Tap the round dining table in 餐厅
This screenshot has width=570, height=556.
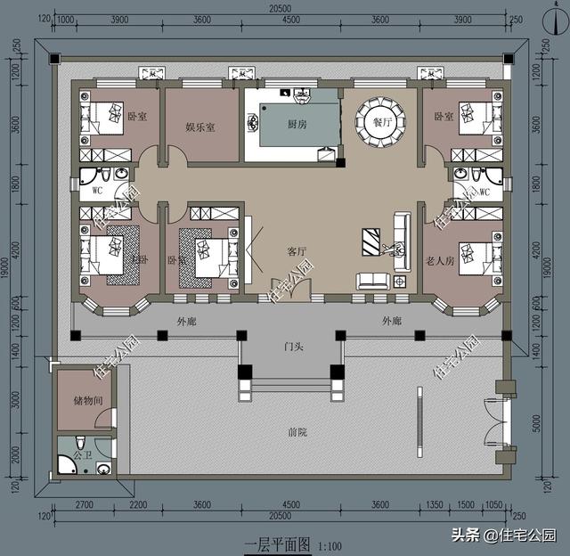382,119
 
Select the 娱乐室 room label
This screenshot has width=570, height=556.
200,127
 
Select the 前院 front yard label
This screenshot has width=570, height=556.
297,432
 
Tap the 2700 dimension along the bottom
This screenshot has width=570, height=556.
85,505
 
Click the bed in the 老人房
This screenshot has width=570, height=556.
473,256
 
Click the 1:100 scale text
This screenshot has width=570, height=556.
329,544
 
